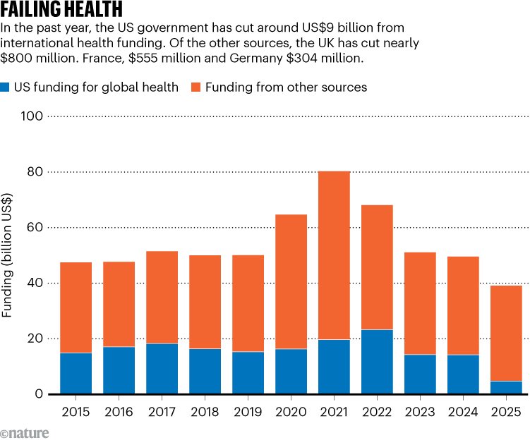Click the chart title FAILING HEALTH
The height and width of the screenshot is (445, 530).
pos(62,10)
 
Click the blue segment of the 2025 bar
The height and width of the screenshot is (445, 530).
pos(506,387)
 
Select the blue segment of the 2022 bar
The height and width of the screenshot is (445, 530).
pos(377,361)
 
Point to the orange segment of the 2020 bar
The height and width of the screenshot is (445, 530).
pos(291,281)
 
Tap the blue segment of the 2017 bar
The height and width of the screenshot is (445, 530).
pos(162,368)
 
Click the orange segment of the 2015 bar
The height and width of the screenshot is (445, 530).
pos(76,307)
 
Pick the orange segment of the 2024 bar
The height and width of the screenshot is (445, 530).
pos(463,305)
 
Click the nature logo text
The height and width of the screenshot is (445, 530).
pos(25,433)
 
